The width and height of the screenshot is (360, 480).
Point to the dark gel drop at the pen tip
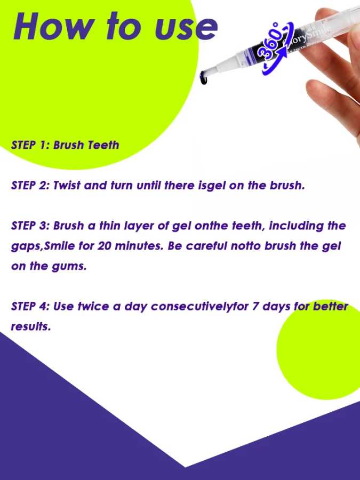tap(204, 78)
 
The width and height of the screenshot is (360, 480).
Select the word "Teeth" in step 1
tap(103, 145)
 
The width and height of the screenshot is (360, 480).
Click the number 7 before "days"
tap(255, 306)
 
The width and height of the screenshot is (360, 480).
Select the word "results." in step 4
tap(30, 326)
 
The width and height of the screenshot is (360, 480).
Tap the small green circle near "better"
tap(318, 349)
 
